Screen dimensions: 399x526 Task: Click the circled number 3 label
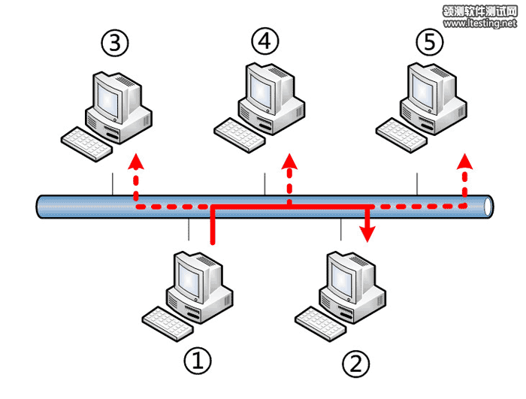[x=114, y=44]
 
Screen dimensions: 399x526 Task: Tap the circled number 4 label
[x=264, y=42]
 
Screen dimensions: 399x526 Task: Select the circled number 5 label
[x=429, y=43]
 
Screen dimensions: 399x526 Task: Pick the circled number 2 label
[x=355, y=364]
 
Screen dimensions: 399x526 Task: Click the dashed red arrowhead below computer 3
[x=136, y=159]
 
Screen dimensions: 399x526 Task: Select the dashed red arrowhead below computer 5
[x=465, y=159]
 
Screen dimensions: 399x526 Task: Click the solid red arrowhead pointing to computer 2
[x=367, y=234]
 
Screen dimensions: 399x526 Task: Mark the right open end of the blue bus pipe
[x=489, y=205]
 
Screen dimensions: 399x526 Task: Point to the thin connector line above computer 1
[x=189, y=228]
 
